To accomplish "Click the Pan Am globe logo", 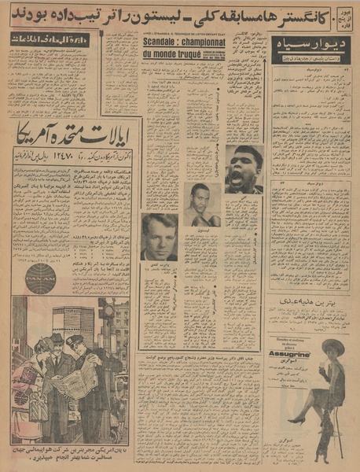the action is pyautogui.click(x=41, y=278).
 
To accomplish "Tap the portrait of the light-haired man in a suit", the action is pyautogui.click(x=159, y=236).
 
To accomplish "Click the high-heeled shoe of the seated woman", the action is pyautogui.click(x=294, y=417).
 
